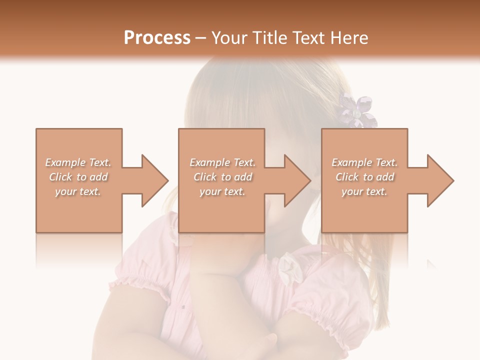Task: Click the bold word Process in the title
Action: click(x=157, y=38)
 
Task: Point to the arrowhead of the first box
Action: click(x=154, y=180)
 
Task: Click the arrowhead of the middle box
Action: click(x=297, y=180)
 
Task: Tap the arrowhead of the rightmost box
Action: click(x=440, y=180)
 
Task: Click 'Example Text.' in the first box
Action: click(x=78, y=162)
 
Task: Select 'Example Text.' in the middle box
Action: click(x=222, y=162)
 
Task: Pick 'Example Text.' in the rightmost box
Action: click(x=364, y=162)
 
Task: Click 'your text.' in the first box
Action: click(x=78, y=191)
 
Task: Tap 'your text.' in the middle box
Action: click(x=222, y=191)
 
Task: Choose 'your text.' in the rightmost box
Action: click(x=364, y=191)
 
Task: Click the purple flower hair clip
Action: click(x=356, y=111)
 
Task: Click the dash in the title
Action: click(x=200, y=38)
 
